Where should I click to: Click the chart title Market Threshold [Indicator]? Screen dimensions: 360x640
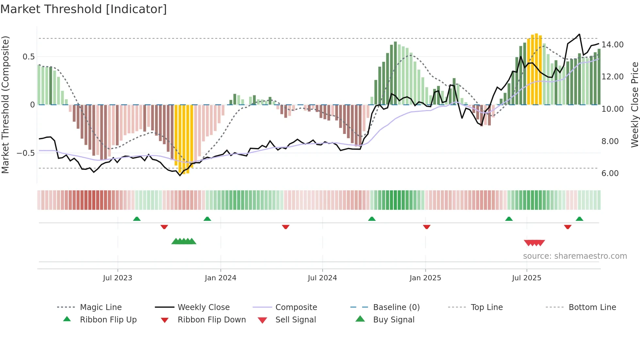[x=84, y=9]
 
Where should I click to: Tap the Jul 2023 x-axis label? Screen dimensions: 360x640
[x=118, y=278]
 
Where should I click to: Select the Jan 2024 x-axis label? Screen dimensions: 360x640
[x=220, y=278]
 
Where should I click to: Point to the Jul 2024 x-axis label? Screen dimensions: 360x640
[x=322, y=278]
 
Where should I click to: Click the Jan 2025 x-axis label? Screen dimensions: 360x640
[x=425, y=278]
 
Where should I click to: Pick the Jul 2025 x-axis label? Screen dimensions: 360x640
[x=526, y=278]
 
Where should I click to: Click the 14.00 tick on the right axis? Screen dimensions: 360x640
[x=612, y=45]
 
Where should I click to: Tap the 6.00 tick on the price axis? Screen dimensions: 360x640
[x=610, y=173]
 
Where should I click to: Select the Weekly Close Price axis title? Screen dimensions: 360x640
[x=634, y=105]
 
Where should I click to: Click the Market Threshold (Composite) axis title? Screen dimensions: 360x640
[x=5, y=105]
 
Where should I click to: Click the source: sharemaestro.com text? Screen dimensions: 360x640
[x=575, y=256]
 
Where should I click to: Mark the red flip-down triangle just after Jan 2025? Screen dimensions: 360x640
[x=426, y=227]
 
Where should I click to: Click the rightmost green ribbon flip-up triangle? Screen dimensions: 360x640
[x=579, y=219]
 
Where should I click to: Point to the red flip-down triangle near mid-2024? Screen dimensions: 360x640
[x=286, y=227]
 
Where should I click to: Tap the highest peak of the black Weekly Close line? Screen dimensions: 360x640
[x=579, y=34]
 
